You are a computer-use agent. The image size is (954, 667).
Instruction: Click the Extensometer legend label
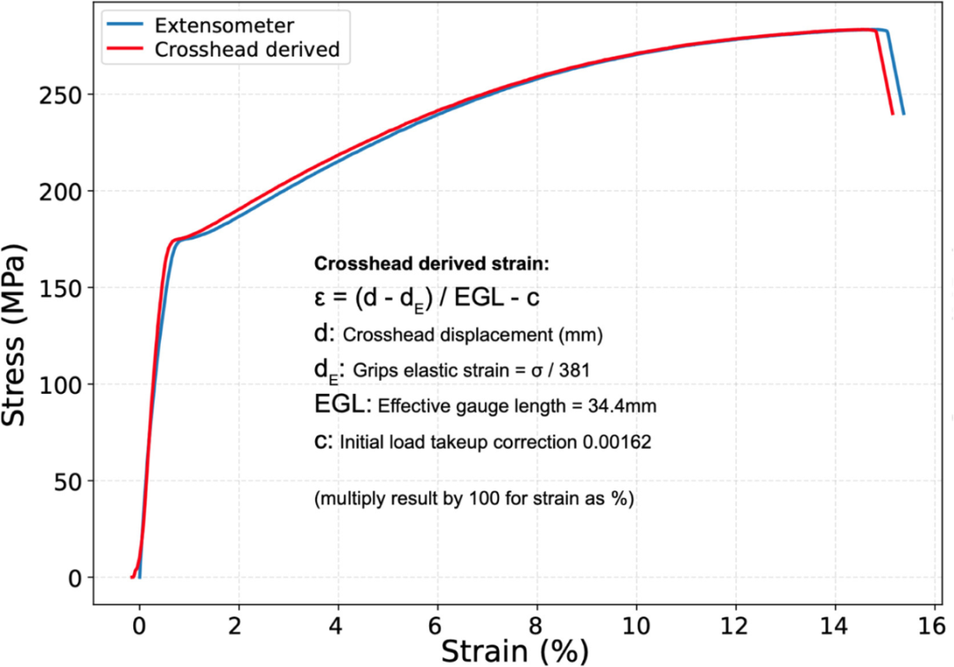pos(223,26)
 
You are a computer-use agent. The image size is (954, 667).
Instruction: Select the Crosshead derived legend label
pos(247,49)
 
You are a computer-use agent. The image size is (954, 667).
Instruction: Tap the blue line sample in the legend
pos(125,25)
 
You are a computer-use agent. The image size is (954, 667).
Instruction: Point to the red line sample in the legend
pos(125,49)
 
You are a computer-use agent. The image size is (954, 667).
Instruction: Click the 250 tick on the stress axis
pos(60,95)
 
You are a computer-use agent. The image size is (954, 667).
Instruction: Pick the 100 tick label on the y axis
pos(60,384)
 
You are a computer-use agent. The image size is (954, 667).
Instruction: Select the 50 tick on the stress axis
pos(67,481)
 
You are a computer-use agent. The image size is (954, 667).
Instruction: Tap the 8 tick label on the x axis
pos(537,625)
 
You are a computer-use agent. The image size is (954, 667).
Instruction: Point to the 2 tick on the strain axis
pos(238,625)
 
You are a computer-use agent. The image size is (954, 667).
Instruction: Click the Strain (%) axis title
pos(515,652)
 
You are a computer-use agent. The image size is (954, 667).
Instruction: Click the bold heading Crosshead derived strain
pos(431,264)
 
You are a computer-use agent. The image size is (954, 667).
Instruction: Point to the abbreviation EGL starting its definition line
pos(341,404)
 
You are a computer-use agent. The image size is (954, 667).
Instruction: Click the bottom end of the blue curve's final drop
pos(904,114)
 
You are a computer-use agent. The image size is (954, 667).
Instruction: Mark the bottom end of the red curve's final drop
pos(892,114)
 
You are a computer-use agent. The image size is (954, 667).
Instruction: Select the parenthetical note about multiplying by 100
pos(474,499)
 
